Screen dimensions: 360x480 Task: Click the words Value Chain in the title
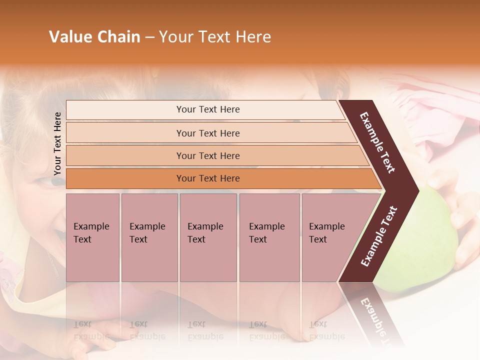point(94,37)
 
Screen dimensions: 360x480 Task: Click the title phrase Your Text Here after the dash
point(215,37)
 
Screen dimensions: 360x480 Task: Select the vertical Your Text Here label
point(57,143)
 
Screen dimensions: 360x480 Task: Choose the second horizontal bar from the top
point(207,133)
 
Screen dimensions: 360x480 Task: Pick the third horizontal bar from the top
point(207,155)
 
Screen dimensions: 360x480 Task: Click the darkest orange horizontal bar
point(207,178)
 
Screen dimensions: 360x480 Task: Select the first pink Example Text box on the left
point(92,237)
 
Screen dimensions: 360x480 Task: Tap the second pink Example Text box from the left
point(149,237)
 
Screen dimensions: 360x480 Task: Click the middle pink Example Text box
point(208,237)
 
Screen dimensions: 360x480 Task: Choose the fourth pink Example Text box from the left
point(269,237)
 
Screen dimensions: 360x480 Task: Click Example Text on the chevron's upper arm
point(377,142)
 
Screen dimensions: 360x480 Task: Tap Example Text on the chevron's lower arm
point(379,236)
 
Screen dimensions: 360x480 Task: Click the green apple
point(430,240)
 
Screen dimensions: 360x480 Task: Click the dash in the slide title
point(149,37)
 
